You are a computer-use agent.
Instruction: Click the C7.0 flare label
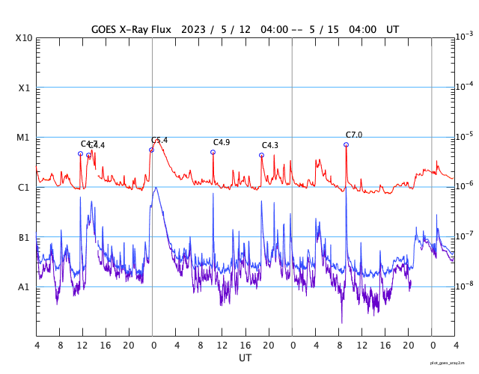354,135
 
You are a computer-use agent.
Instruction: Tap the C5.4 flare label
159,141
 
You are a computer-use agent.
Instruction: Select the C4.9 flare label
222,142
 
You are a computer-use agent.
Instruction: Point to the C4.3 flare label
270,145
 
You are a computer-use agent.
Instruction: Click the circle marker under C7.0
346,144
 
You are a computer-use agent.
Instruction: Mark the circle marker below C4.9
213,152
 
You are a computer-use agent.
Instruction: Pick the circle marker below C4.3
261,155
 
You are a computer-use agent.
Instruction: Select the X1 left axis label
25,88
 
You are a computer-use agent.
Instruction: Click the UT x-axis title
245,358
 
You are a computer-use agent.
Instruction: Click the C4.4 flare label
97,145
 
